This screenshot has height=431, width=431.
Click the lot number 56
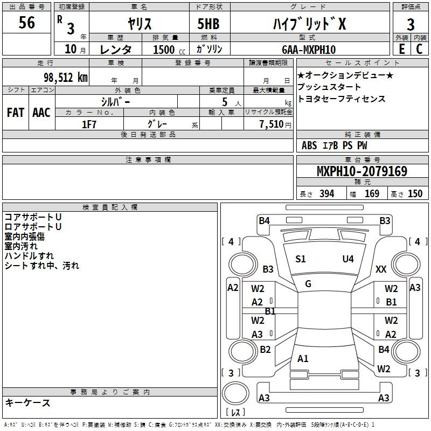coord(26,22)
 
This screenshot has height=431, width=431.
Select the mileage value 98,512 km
coord(66,78)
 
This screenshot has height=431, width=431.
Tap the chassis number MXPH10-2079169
coord(362,171)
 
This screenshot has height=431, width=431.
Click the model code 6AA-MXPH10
coord(309,50)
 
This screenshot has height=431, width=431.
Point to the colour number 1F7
coord(89,124)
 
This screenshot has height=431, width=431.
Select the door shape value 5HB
coord(208,24)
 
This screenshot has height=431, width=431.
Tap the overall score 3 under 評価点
coord(411,24)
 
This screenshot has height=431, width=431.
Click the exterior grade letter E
coord(401,49)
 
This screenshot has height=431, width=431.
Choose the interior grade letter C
coord(419,49)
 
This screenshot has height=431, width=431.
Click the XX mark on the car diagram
coord(381,269)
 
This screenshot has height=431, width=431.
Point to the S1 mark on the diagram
coord(301,259)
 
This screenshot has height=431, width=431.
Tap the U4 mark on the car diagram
coord(348,259)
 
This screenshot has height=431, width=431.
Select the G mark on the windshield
coord(308,284)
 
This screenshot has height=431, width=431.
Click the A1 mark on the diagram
coord(303,358)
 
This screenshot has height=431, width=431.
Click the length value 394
coord(326,193)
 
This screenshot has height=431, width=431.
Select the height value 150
coord(415,193)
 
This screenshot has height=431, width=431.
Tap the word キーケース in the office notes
coord(28,402)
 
